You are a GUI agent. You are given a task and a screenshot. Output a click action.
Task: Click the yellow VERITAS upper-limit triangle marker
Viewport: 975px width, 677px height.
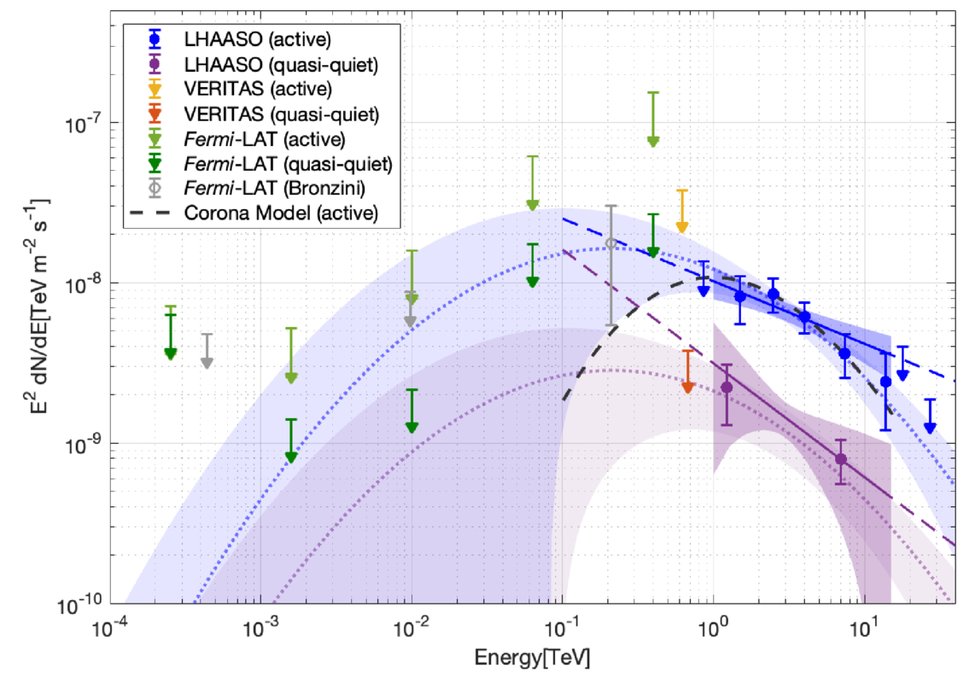pos(681,226)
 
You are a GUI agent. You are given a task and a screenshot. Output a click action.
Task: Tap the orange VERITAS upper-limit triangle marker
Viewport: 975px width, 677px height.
pos(687,388)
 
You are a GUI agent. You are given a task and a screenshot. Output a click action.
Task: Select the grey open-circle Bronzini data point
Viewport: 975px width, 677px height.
pos(611,243)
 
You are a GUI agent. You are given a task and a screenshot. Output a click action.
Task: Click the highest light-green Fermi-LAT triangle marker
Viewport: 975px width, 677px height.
pos(653,141)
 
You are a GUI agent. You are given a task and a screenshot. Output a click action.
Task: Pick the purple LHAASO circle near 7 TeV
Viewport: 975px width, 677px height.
pos(841,459)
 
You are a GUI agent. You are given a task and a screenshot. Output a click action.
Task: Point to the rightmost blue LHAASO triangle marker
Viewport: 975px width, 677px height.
pos(930,427)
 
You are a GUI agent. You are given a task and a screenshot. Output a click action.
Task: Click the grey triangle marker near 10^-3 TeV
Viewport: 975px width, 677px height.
pos(207,363)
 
